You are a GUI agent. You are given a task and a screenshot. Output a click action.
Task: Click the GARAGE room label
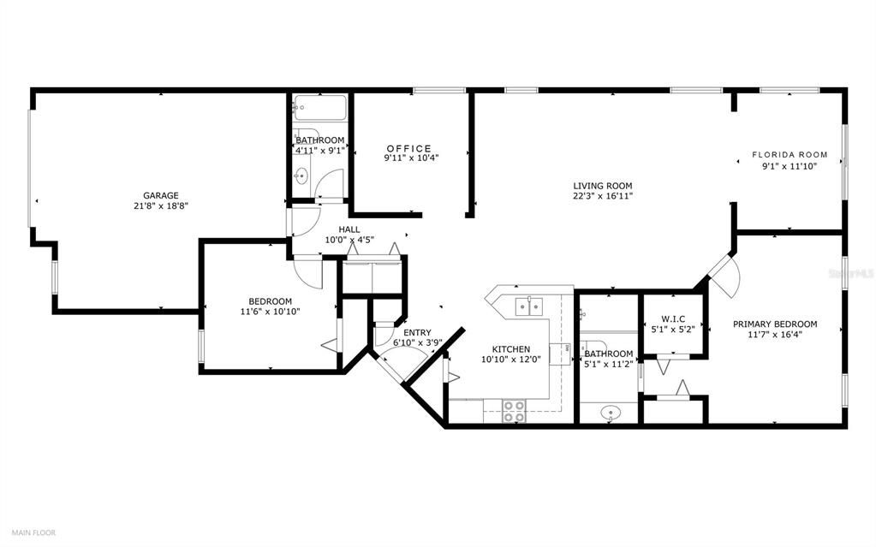click(160, 195)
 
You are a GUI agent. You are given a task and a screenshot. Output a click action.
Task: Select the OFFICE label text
click(408, 148)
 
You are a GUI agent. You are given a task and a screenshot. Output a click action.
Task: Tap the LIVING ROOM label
click(603, 185)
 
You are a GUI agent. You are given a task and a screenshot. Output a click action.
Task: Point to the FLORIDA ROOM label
click(790, 155)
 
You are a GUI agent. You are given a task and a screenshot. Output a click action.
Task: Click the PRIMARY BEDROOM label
click(774, 324)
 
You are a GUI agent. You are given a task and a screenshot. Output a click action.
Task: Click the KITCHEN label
click(510, 349)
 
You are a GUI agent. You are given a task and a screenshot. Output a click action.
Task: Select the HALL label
click(349, 229)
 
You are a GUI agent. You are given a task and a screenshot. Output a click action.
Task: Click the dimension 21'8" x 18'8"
click(160, 205)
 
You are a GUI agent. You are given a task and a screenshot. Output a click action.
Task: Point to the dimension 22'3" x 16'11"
click(603, 195)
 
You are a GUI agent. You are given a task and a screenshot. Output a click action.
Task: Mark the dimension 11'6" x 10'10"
click(271, 311)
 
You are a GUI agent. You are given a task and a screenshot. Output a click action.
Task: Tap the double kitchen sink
click(527, 306)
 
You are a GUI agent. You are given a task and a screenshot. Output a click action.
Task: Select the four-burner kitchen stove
click(514, 411)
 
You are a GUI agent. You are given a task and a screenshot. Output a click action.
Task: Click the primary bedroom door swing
click(724, 276)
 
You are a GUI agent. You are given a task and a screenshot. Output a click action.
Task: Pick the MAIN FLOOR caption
click(33, 532)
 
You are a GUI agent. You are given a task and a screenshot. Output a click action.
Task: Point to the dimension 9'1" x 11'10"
click(790, 166)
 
